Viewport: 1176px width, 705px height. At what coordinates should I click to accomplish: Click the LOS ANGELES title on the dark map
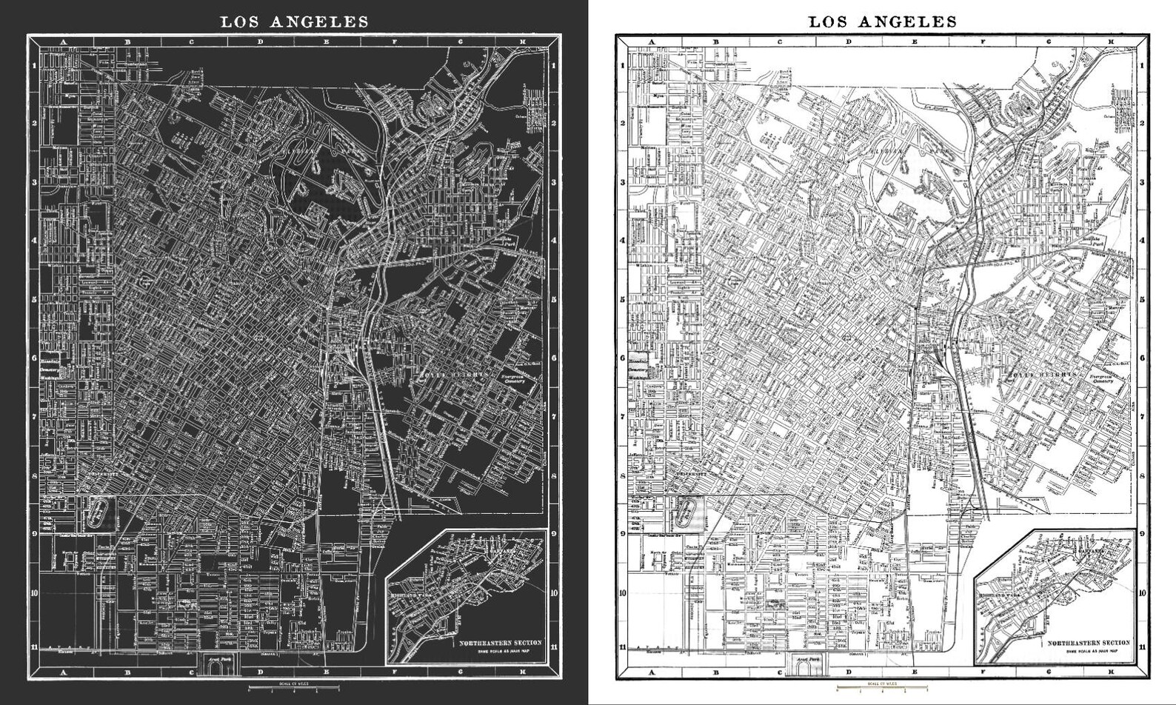[294, 21]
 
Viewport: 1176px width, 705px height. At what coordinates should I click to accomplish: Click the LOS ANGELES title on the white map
[882, 21]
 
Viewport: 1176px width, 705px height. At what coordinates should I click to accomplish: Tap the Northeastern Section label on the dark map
[500, 643]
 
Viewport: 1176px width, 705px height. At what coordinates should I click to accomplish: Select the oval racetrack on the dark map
[98, 510]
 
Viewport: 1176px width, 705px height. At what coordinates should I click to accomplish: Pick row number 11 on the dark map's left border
[33, 646]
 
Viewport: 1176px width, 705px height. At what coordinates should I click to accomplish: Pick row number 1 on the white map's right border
[1142, 64]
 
